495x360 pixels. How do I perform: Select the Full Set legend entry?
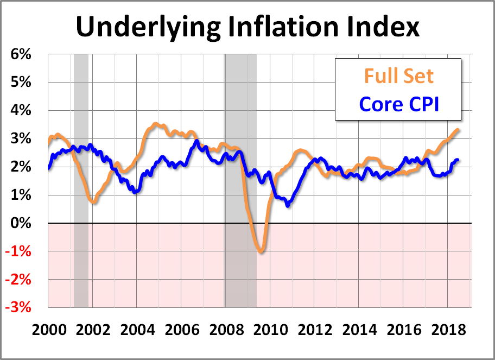pyautogui.click(x=399, y=75)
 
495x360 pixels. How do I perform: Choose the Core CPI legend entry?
pyautogui.click(x=399, y=103)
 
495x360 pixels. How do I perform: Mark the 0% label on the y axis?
pyautogui.click(x=21, y=223)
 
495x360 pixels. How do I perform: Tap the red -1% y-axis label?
pyautogui.click(x=20, y=251)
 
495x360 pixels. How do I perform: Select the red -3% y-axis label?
pyautogui.click(x=20, y=307)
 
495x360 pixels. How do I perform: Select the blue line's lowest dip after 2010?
pyautogui.click(x=288, y=205)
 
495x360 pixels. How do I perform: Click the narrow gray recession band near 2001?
pyautogui.click(x=81, y=179)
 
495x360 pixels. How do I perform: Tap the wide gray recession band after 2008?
pyautogui.click(x=240, y=179)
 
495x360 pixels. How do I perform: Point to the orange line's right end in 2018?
pyautogui.click(x=459, y=130)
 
